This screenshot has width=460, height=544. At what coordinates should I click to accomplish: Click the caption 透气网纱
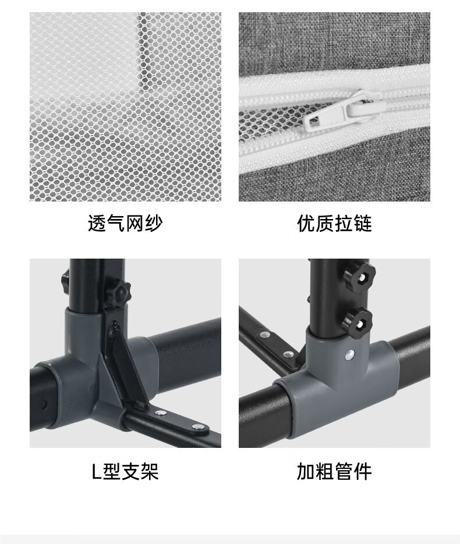(125, 223)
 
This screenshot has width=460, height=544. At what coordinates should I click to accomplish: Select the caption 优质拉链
(334, 223)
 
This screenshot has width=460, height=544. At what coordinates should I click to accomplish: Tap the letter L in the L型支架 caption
(96, 471)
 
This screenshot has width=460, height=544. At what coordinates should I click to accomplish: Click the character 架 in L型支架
(150, 471)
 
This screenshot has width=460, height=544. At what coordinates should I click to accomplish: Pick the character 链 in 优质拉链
(363, 223)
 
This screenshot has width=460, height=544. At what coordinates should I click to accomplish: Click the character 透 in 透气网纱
(97, 223)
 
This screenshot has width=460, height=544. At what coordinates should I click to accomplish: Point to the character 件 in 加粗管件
(363, 471)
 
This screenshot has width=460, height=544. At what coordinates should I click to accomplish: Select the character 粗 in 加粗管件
(325, 471)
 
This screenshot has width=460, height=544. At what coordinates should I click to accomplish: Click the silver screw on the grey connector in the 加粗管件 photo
(351, 354)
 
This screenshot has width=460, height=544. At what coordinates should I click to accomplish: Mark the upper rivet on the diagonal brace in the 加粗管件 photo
(266, 335)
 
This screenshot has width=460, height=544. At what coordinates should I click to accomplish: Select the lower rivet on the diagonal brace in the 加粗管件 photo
(288, 354)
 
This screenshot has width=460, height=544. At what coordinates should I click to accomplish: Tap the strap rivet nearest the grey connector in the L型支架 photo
(160, 413)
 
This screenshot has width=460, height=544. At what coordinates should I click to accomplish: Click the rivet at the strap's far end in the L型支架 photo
(198, 427)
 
